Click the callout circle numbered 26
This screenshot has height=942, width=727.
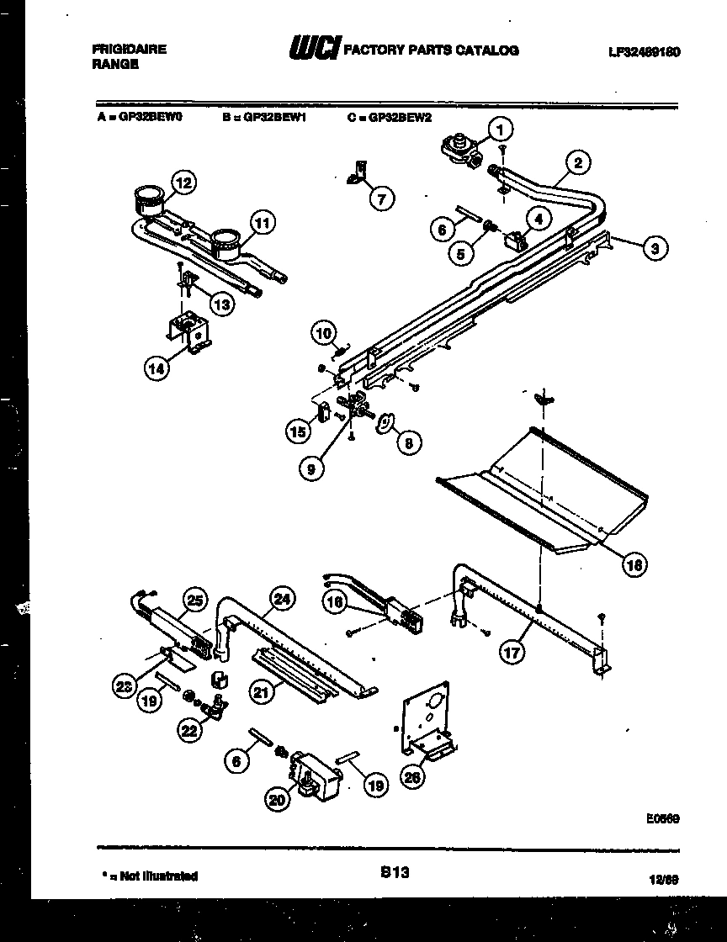(x=412, y=777)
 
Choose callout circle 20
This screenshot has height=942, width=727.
(x=278, y=801)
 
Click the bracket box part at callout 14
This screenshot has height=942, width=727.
(x=188, y=333)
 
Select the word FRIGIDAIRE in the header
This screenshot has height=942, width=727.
(x=129, y=49)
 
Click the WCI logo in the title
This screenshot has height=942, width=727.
(x=314, y=50)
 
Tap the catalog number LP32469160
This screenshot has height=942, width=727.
(x=644, y=51)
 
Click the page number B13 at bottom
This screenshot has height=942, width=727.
(x=394, y=874)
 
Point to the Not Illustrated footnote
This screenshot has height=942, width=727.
(x=149, y=876)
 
